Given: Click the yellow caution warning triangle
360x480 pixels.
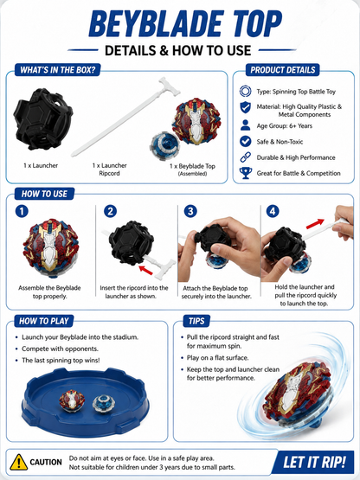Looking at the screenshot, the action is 19,462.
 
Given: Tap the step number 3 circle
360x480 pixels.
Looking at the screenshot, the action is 190,211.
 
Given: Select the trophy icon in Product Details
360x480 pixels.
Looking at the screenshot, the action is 246,173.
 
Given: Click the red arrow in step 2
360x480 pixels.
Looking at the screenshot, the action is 145,270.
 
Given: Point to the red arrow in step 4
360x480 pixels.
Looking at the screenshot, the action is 315,223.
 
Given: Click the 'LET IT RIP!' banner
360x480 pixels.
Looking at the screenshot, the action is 314,462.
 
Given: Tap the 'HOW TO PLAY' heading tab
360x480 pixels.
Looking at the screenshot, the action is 44,321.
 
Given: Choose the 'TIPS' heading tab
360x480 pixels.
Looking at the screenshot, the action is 196,321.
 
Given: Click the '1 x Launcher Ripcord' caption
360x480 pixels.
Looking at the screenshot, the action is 109,170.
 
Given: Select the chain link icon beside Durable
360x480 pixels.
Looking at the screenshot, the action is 246,157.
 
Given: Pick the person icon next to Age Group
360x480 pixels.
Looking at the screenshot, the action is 245,125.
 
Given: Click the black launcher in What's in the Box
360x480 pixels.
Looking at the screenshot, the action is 43,118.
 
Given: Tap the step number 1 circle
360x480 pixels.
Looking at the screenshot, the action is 22,211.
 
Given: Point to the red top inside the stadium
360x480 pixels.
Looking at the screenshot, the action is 72,400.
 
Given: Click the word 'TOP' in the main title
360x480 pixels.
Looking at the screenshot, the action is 255,24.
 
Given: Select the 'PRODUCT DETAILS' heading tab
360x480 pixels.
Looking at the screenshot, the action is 282,70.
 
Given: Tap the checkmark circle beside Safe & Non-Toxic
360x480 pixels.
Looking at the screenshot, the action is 246,142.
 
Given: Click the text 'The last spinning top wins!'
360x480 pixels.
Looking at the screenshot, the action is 61,361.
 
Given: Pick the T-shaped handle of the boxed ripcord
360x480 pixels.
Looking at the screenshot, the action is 169,86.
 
